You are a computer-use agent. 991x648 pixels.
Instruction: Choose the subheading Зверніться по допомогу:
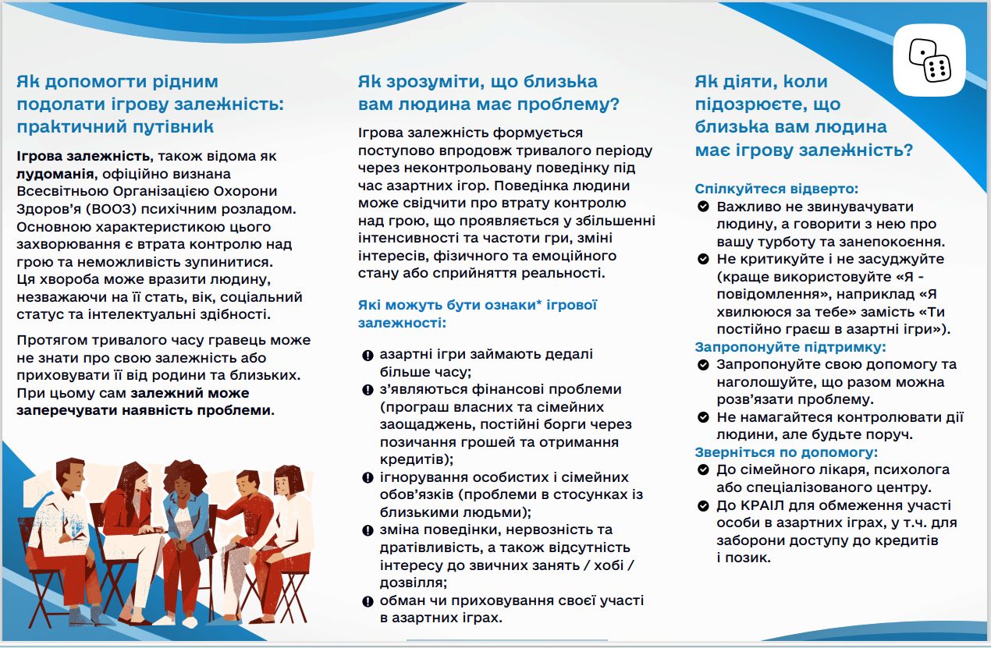786,452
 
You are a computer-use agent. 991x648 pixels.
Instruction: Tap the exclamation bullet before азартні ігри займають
368,356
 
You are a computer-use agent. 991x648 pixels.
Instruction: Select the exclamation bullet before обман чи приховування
368,601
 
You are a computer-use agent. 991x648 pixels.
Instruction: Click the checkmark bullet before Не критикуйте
703,259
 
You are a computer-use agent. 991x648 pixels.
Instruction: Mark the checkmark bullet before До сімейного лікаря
703,470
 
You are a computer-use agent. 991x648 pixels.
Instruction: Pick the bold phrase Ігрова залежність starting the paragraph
84,157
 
